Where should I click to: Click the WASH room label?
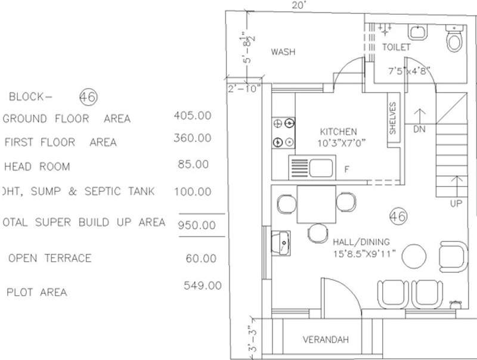click(x=283, y=52)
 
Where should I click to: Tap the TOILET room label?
click(x=396, y=46)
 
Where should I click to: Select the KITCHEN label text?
click(x=338, y=132)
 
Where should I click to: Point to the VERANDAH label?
click(x=325, y=340)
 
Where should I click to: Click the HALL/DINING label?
click(x=361, y=241)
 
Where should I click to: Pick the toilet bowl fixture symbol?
click(x=454, y=41)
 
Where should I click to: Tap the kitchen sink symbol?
click(x=312, y=167)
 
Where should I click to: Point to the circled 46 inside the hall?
click(x=398, y=217)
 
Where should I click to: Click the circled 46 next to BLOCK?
click(x=88, y=96)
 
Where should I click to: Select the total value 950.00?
click(x=196, y=225)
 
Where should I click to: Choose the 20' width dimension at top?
click(x=299, y=5)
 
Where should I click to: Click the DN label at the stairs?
click(x=419, y=129)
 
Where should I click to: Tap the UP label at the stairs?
click(x=456, y=204)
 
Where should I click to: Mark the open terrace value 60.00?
click(x=200, y=258)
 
